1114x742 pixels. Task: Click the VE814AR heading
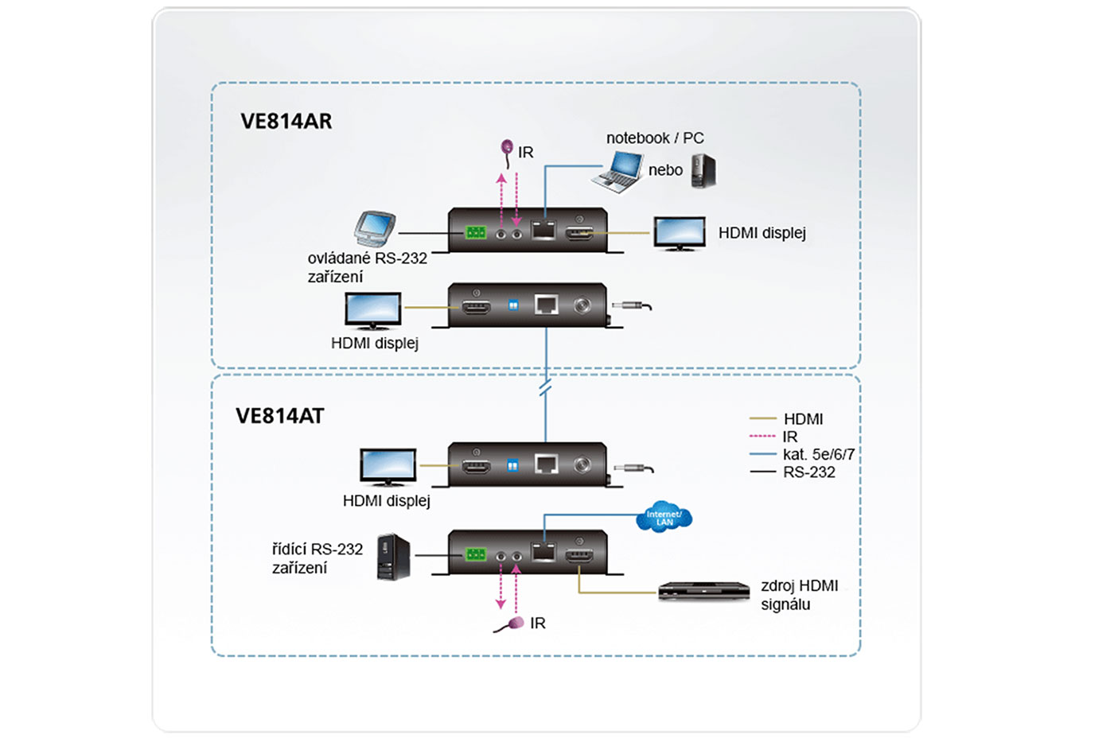[x=286, y=121]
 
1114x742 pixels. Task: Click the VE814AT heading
[x=279, y=416]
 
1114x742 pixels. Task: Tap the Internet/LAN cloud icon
[x=664, y=518]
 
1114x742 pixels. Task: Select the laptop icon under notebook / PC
[x=618, y=172]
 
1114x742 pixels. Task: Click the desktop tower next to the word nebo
[x=703, y=170]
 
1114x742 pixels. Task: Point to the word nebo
[x=665, y=170]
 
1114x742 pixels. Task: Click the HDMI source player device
[x=703, y=591]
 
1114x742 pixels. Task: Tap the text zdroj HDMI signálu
[x=798, y=595]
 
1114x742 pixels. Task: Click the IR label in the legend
[x=789, y=437]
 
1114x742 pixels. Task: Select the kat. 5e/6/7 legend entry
[x=818, y=454]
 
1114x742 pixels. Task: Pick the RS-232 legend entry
[x=808, y=472]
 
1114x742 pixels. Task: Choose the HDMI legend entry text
[x=803, y=419]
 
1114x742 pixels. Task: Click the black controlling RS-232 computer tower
[x=393, y=556]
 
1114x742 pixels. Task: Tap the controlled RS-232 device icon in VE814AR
[x=374, y=229]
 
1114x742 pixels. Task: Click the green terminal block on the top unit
[x=476, y=232]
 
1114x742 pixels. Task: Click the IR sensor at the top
[x=507, y=148]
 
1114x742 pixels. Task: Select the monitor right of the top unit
[x=679, y=233]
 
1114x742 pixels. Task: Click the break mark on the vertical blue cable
[x=545, y=388]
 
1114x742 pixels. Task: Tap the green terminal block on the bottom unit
[x=476, y=554]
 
